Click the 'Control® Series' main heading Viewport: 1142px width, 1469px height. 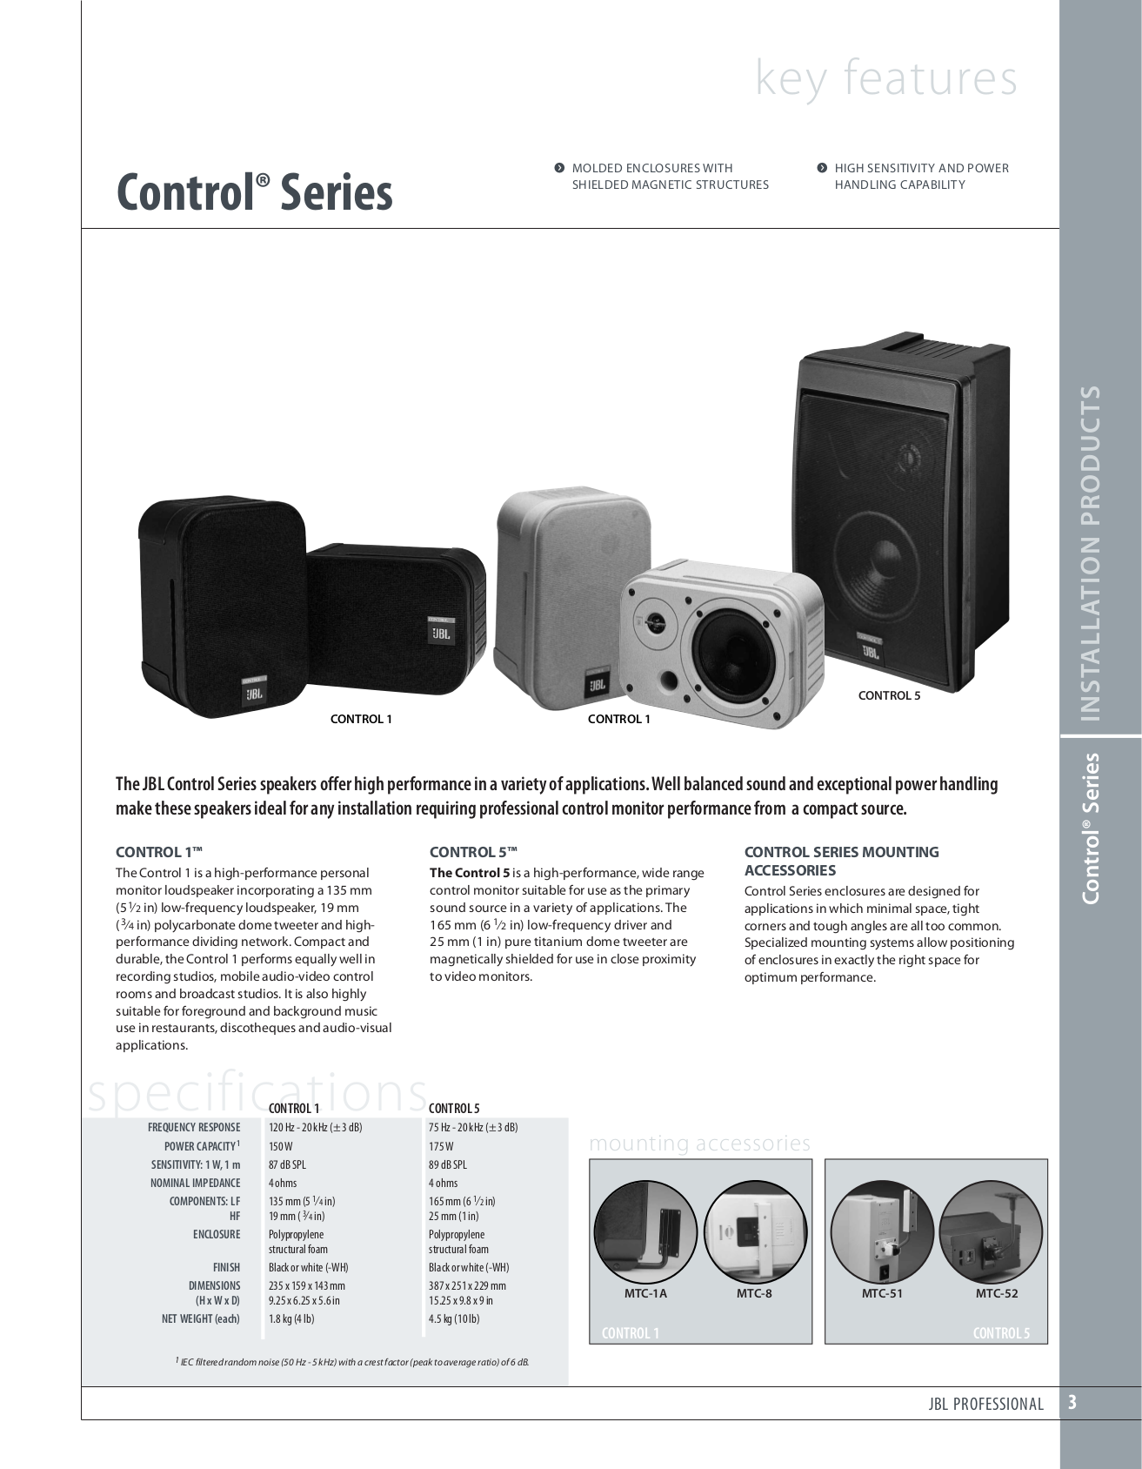254,192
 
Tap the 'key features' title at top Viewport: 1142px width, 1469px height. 886,77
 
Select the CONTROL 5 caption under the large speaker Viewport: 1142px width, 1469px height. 889,695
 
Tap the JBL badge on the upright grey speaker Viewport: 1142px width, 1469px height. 597,681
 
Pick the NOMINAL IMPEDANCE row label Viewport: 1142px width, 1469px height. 196,1183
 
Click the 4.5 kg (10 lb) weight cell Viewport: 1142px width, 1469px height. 454,1318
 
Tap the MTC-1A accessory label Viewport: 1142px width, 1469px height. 646,1293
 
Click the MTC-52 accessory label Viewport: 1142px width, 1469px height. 997,1293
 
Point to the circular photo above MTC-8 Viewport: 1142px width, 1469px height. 753,1230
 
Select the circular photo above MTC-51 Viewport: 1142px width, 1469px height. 882,1230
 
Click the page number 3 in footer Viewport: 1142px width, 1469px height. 1072,1402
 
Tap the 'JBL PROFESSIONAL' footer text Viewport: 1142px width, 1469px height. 985,1403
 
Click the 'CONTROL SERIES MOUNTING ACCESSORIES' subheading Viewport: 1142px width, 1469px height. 842,861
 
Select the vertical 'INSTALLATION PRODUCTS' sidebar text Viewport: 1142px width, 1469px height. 1089,553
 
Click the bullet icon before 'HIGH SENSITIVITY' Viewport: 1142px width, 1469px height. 821,168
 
